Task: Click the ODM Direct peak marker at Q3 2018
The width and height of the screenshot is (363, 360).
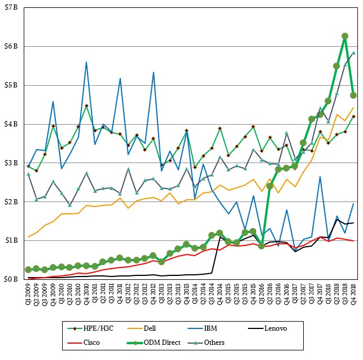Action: pyautogui.click(x=345, y=36)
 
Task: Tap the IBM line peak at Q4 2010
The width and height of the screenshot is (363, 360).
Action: pyautogui.click(x=86, y=62)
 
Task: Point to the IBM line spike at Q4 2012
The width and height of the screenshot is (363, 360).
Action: pyautogui.click(x=153, y=72)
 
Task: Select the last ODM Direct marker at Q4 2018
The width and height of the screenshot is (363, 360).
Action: pyautogui.click(x=353, y=95)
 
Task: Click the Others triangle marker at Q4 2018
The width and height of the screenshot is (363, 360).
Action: pyautogui.click(x=353, y=53)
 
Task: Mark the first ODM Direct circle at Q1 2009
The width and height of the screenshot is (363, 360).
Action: pyautogui.click(x=28, y=270)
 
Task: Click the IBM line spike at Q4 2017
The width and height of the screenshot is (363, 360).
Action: pyautogui.click(x=320, y=177)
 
